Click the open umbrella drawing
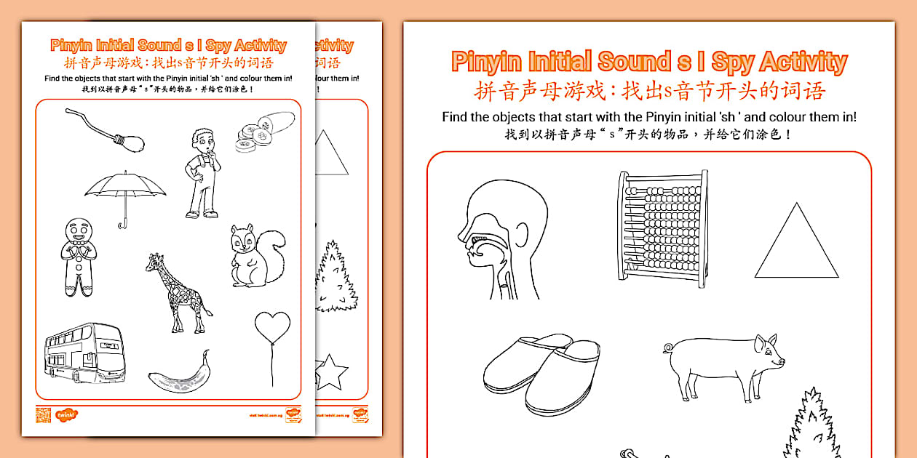[x=124, y=189]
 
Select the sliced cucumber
[x=265, y=130]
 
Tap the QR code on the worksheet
[x=43, y=415]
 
